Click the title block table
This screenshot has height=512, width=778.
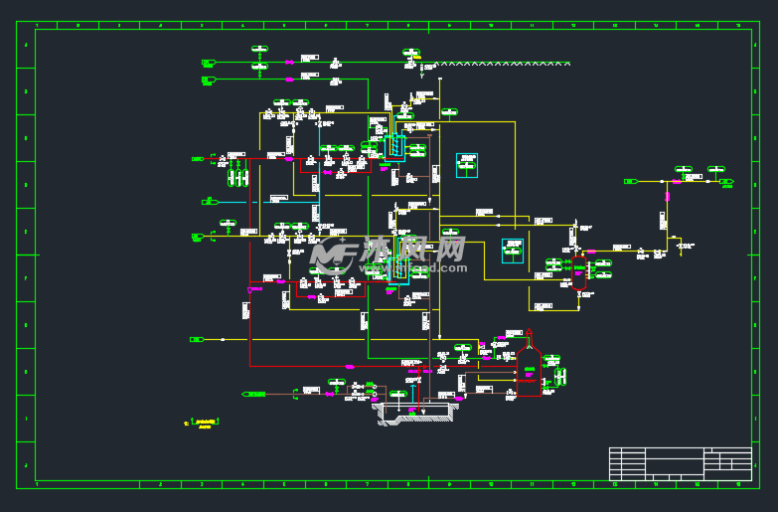pos(680,463)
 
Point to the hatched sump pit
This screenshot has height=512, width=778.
pos(417,410)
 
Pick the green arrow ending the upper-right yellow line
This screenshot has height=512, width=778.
pos(726,182)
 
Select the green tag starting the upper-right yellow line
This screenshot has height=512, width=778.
pos(630,181)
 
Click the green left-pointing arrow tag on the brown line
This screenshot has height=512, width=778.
pos(254,394)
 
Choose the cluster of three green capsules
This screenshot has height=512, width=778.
pos(237,178)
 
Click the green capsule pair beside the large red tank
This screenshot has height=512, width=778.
pos(559,376)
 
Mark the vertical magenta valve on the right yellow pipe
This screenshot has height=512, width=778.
pos(667,196)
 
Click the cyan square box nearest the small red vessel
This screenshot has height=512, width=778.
pos(513,251)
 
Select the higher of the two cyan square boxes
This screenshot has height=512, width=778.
pos(467,165)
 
